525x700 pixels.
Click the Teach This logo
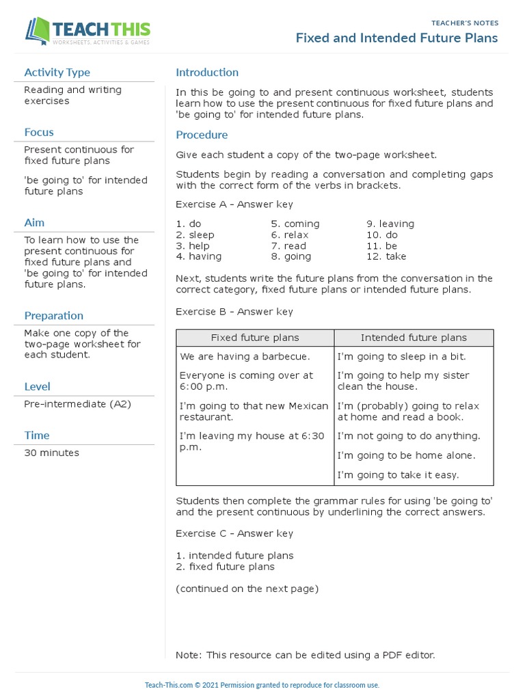pos(87,32)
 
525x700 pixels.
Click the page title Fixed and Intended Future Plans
pos(396,38)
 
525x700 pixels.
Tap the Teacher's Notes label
pos(465,23)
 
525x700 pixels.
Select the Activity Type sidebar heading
pos(57,72)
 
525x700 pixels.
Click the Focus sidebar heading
pos(39,133)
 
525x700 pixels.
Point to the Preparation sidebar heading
pos(54,316)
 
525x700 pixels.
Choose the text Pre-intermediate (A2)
pos(77,404)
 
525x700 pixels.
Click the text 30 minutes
pos(51,453)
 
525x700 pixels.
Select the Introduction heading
pos(207,72)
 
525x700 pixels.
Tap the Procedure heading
pos(202,135)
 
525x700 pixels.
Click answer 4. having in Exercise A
pos(199,257)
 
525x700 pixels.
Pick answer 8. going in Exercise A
pos(291,257)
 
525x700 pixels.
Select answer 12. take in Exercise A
pos(386,257)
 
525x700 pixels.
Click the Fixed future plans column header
pos(255,338)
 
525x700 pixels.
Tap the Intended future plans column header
pos(414,338)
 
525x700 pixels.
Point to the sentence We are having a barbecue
pos(245,357)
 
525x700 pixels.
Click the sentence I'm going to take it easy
pos(398,475)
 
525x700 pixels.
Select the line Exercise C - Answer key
pos(234,534)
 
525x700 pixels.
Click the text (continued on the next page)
pos(247,589)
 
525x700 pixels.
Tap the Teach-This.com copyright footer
pos(262,685)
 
